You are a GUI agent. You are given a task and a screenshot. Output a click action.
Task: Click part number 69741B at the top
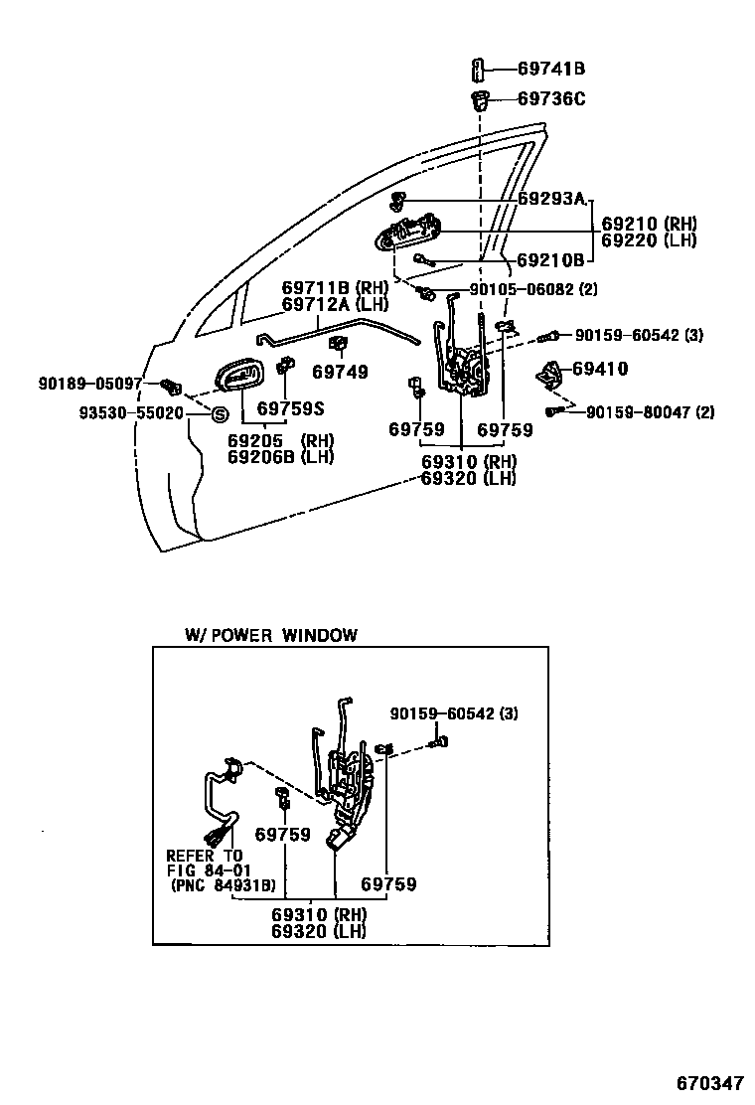tap(550, 69)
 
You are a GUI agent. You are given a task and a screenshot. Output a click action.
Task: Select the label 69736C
tap(551, 98)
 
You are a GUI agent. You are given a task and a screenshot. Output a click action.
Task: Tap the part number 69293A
tap(551, 198)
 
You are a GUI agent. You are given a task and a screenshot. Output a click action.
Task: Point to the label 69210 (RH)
tap(649, 224)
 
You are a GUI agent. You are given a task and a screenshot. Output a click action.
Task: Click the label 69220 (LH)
tap(649, 240)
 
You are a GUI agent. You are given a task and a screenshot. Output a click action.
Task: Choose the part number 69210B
tap(550, 260)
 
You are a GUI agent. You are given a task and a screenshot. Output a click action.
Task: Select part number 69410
tap(600, 370)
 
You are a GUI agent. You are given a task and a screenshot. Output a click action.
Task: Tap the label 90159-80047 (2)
tap(650, 412)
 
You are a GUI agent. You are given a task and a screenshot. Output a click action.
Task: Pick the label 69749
tap(340, 373)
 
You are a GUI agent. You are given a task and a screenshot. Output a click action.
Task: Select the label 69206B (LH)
tap(281, 457)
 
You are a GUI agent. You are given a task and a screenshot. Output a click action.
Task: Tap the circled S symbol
tap(220, 414)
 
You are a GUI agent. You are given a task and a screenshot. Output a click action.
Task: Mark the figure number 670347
tap(710, 1081)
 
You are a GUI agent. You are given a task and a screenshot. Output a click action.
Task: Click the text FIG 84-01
tap(204, 870)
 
